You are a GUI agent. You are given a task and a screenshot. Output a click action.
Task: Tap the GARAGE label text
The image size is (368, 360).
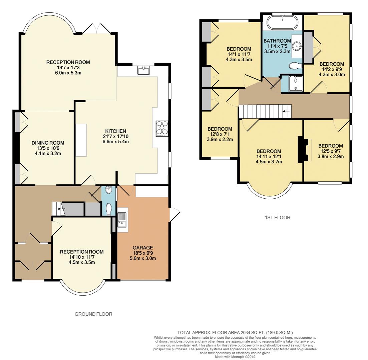pyautogui.click(x=142, y=248)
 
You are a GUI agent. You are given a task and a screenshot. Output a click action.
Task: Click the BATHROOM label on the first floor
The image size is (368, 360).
pyautogui.click(x=277, y=41)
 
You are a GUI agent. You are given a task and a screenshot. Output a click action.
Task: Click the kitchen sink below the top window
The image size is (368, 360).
pyautogui.click(x=144, y=70)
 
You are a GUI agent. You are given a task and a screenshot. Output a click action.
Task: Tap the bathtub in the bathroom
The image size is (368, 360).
pyautogui.click(x=282, y=23)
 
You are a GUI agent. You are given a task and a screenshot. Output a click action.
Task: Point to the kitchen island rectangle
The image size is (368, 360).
pyautogui.click(x=81, y=140)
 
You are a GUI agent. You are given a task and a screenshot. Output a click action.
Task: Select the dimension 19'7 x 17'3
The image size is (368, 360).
pyautogui.click(x=68, y=67)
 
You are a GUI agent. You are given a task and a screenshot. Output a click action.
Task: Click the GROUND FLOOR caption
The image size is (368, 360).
pyautogui.click(x=93, y=314)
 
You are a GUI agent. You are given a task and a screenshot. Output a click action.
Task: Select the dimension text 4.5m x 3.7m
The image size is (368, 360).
pyautogui.click(x=269, y=162)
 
